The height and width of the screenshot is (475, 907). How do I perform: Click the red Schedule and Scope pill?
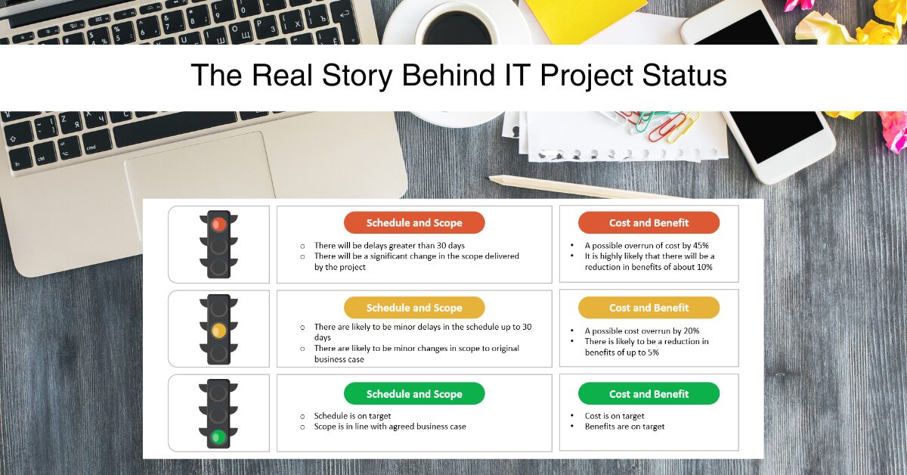414,222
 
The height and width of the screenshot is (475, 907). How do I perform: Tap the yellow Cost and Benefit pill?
649,308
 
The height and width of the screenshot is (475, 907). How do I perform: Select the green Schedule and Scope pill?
414,393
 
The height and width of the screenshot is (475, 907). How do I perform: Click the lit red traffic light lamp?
218,224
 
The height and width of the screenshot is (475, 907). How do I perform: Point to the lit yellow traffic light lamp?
218,331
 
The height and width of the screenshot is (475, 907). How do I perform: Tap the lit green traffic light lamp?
218,437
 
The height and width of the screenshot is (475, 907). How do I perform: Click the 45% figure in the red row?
701,246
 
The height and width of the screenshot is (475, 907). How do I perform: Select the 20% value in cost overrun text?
691,331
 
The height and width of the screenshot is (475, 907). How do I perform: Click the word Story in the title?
357,76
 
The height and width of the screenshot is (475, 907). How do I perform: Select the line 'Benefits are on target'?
624,427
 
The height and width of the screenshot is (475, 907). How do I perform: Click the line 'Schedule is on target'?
352,416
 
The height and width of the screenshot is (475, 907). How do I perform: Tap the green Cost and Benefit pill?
649,393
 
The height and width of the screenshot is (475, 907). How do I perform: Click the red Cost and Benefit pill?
649,222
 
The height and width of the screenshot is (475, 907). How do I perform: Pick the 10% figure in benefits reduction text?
704,267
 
